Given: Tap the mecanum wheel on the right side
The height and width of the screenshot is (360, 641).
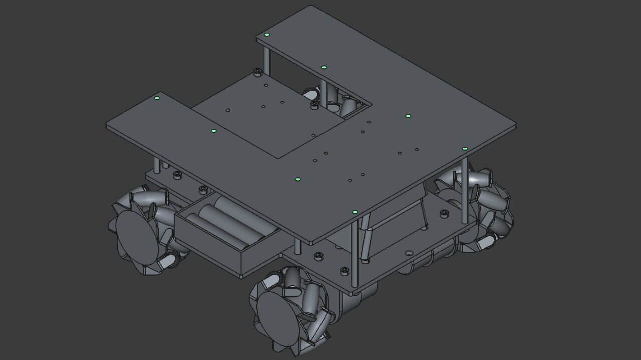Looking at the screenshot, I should pyautogui.click(x=483, y=210).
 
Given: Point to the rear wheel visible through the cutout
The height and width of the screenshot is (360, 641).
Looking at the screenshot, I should pyautogui.click(x=333, y=100).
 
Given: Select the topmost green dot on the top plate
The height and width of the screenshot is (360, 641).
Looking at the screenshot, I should pyautogui.click(x=267, y=35).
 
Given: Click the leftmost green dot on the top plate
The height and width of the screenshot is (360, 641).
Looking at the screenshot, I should pyautogui.click(x=157, y=98).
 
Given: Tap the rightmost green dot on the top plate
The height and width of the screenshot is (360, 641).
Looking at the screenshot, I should pyautogui.click(x=465, y=149).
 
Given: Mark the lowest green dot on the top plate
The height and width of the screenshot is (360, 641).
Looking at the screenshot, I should pyautogui.click(x=355, y=212).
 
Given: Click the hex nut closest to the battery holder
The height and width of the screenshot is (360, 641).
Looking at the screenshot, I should pyautogui.click(x=203, y=189).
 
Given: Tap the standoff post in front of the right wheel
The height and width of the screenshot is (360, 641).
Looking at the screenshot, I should pyautogui.click(x=465, y=190).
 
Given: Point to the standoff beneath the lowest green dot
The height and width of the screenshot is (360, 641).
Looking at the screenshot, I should pyautogui.click(x=355, y=250).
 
